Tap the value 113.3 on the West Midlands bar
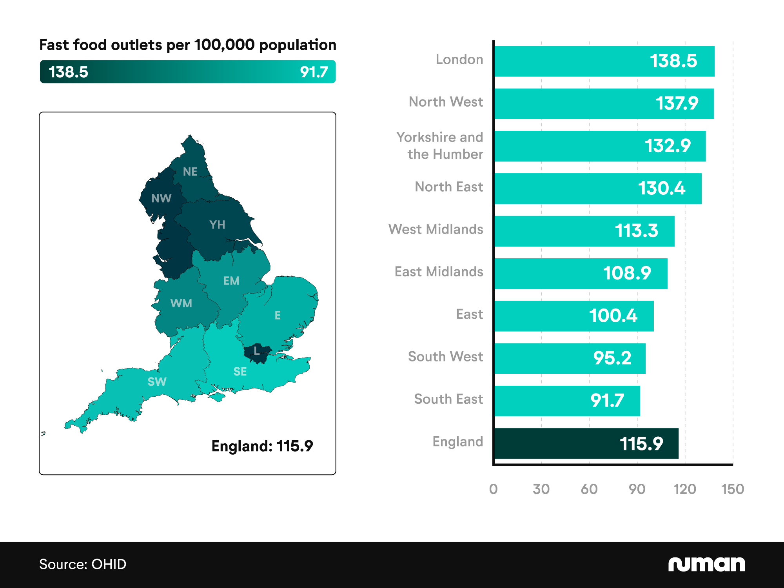point(636,231)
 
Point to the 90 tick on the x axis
point(637,489)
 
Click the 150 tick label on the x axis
point(732,489)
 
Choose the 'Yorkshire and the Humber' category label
point(440,146)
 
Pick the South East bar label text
point(448,399)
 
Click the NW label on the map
point(161,198)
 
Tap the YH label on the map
point(217,225)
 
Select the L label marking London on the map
point(256,350)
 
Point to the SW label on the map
point(157,381)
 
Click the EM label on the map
point(231,281)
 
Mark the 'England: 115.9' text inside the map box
point(262,446)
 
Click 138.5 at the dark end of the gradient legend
point(68,72)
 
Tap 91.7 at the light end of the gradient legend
point(314,72)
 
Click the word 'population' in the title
point(298,45)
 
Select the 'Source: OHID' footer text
point(83,564)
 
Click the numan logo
point(706,564)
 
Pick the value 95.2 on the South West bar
point(612,358)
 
